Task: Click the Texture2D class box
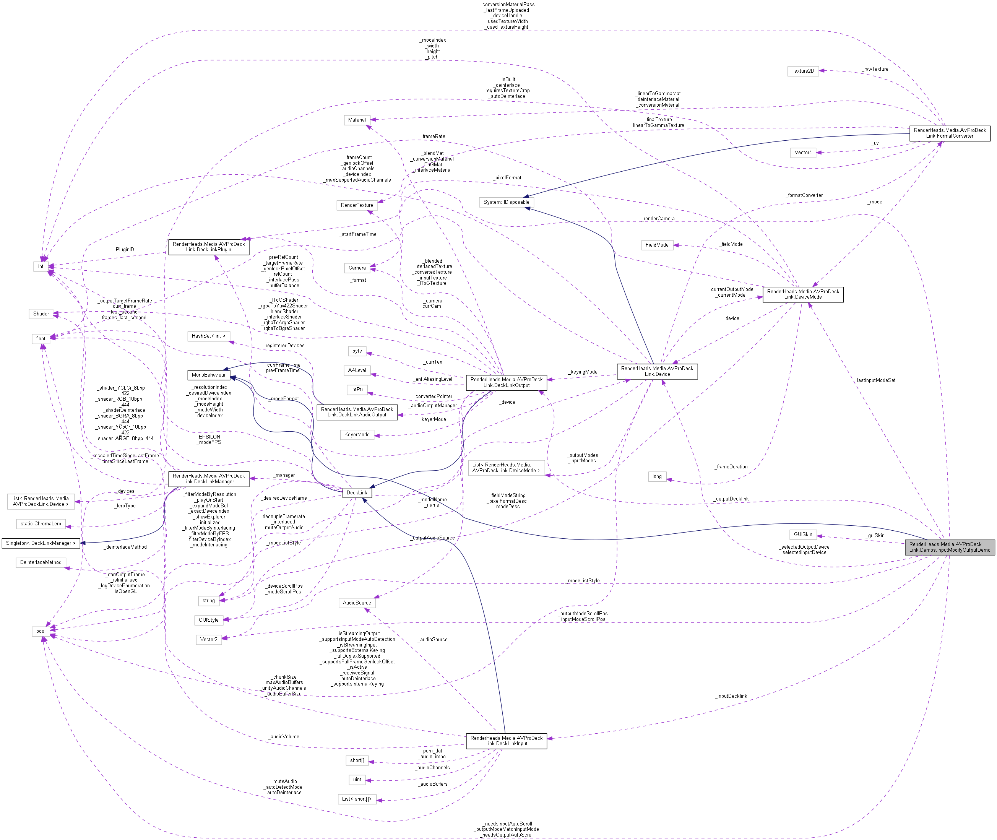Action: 802,71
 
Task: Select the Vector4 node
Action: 803,153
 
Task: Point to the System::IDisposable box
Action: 506,202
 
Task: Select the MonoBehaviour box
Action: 209,375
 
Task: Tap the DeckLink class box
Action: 357,492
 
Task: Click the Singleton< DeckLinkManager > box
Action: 41,543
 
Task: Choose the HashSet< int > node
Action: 209,336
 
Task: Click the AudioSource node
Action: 357,603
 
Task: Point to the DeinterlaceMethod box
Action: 41,562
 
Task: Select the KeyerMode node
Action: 357,434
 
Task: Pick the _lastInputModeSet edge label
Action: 875,380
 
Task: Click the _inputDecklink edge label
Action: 731,696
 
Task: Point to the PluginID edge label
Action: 125,250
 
